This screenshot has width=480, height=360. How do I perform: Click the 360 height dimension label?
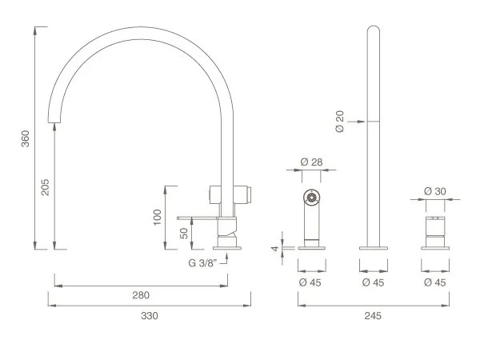tap(25, 138)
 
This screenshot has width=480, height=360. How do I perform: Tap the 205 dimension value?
tap(45, 187)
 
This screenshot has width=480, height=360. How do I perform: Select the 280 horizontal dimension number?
tap(141, 295)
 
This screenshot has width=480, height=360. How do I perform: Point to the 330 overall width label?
tap(150, 316)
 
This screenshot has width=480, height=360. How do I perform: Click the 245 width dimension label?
tap(373, 316)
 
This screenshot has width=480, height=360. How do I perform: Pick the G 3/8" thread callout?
tap(202, 263)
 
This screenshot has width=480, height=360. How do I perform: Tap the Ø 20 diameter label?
tap(340, 122)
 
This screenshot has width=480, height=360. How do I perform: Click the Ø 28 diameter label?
tap(311, 162)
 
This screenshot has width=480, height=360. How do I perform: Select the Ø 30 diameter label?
tap(435, 191)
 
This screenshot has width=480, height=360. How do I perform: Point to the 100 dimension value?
tap(157, 218)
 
